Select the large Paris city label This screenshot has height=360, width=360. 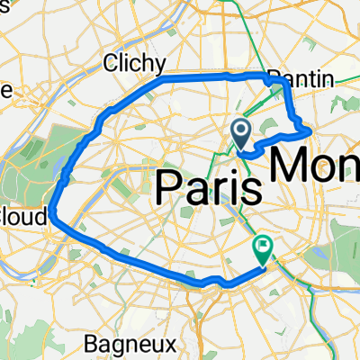[209, 186]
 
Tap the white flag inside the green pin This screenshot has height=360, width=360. [263, 242]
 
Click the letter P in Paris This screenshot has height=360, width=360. [171, 186]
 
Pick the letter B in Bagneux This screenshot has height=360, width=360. [91, 343]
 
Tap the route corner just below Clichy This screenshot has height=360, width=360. [162, 81]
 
